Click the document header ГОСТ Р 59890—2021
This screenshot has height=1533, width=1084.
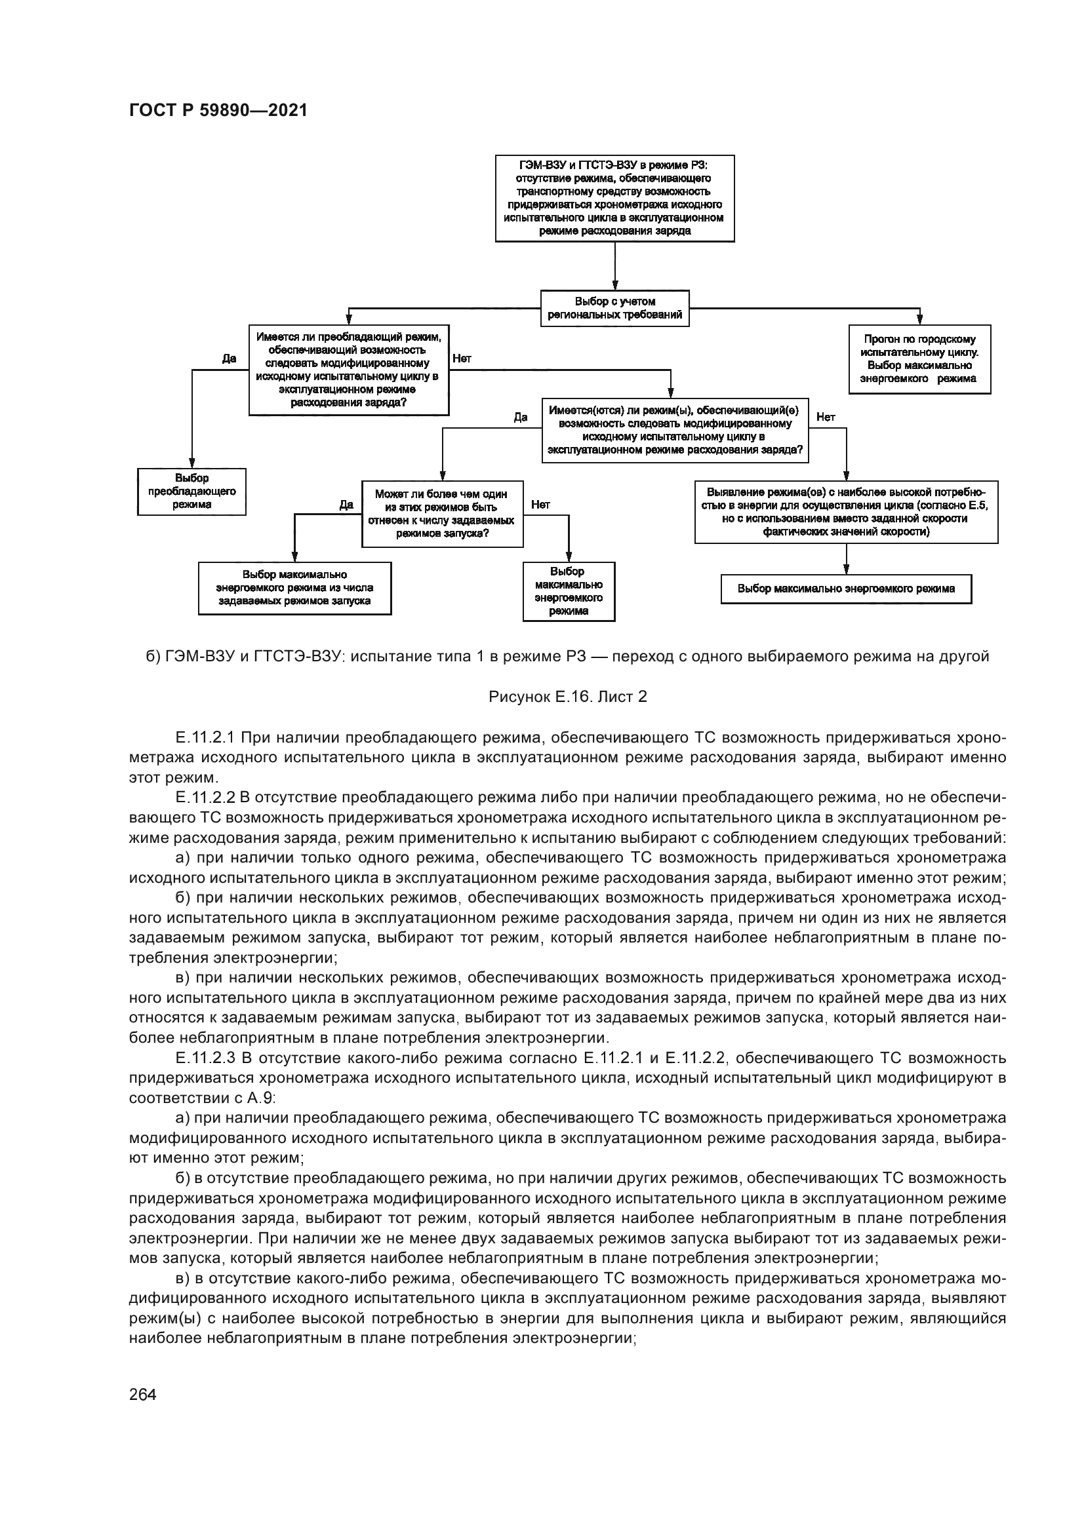pyautogui.click(x=218, y=111)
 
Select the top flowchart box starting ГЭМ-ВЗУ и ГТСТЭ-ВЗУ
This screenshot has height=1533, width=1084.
pyautogui.click(x=614, y=199)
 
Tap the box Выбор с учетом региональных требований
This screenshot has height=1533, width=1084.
pyautogui.click(x=614, y=308)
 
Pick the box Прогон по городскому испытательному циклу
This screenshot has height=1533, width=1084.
pyautogui.click(x=919, y=359)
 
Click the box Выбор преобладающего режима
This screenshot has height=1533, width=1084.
pyautogui.click(x=191, y=492)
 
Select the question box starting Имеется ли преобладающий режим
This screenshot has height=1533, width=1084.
pyautogui.click(x=349, y=370)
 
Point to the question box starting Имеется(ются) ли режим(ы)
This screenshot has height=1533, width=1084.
pyautogui.click(x=675, y=430)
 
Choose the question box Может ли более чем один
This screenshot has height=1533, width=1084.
pyautogui.click(x=441, y=513)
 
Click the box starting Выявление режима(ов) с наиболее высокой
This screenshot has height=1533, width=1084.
pyautogui.click(x=845, y=511)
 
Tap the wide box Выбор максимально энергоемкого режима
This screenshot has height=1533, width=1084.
pyautogui.click(x=845, y=589)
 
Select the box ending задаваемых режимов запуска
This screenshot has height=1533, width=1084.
pyautogui.click(x=294, y=587)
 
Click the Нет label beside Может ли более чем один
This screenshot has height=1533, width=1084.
pyautogui.click(x=540, y=505)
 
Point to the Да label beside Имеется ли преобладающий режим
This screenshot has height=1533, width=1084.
pyautogui.click(x=229, y=359)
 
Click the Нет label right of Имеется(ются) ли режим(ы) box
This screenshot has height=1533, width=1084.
pyautogui.click(x=826, y=417)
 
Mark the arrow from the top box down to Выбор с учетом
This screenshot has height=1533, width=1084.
pyautogui.click(x=614, y=265)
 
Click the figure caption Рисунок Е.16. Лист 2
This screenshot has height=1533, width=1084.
pyautogui.click(x=567, y=697)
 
